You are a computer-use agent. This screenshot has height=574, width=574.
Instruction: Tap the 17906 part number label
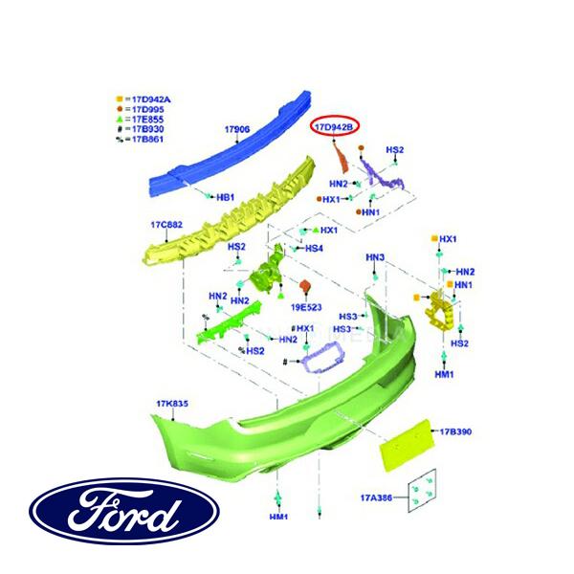tap(237, 129)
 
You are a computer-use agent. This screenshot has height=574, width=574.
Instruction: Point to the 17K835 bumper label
tap(172, 404)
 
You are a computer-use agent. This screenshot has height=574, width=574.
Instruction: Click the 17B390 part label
tap(457, 432)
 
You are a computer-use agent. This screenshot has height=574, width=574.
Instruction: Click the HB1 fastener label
tap(226, 197)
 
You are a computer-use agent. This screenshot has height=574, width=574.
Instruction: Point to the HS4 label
tap(314, 249)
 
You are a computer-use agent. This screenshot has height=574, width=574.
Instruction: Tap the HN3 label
tap(375, 258)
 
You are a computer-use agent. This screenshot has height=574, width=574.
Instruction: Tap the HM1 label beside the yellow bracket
tap(444, 375)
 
